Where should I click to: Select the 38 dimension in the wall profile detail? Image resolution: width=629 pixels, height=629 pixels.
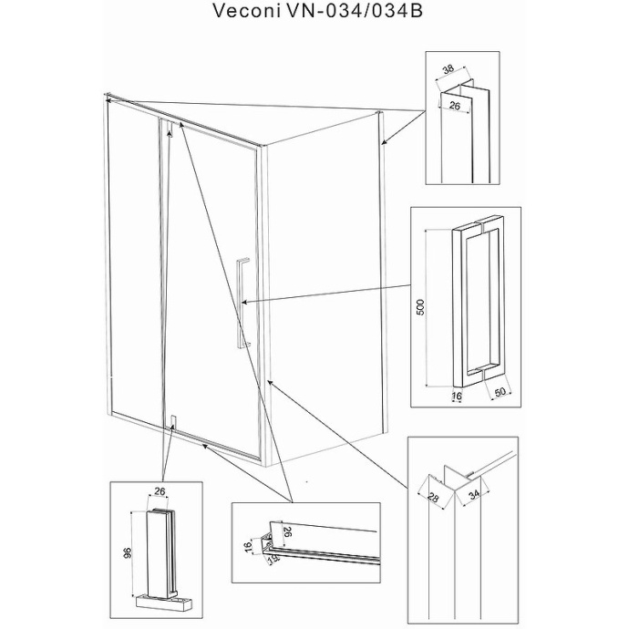(x=448, y=68)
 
